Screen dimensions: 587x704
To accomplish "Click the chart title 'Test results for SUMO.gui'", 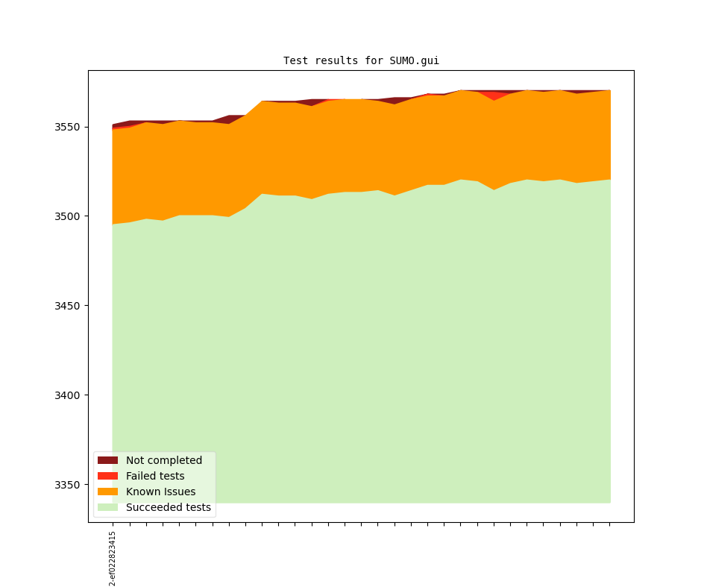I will point(361,60).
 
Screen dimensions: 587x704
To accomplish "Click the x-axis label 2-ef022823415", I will point(113,558).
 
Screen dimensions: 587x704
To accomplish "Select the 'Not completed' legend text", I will point(164,460).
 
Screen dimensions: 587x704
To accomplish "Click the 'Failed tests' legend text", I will point(155,476).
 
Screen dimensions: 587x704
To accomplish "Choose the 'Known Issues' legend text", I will point(160,492).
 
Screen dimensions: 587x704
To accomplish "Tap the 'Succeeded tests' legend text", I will point(169,507).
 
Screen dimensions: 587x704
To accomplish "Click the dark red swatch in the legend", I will point(107,460).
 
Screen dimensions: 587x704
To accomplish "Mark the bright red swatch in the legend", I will point(107,476).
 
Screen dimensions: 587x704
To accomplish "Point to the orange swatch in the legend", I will point(107,492).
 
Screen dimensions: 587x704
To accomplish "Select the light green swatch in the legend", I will point(107,507).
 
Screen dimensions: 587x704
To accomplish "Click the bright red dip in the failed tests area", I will point(494,96).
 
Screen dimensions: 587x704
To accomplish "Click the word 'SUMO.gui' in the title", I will point(414,60).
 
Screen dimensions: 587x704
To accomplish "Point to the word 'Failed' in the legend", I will point(141,476).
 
